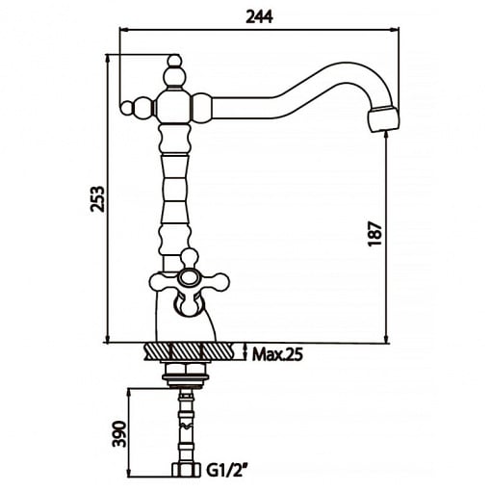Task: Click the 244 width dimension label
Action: click(259, 16)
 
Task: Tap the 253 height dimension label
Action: click(97, 198)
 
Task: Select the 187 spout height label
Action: click(375, 233)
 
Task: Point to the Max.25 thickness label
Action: click(277, 355)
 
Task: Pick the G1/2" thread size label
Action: click(226, 471)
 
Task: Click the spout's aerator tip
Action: click(384, 118)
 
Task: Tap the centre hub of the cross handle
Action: click(189, 278)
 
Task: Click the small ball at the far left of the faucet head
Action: click(127, 108)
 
